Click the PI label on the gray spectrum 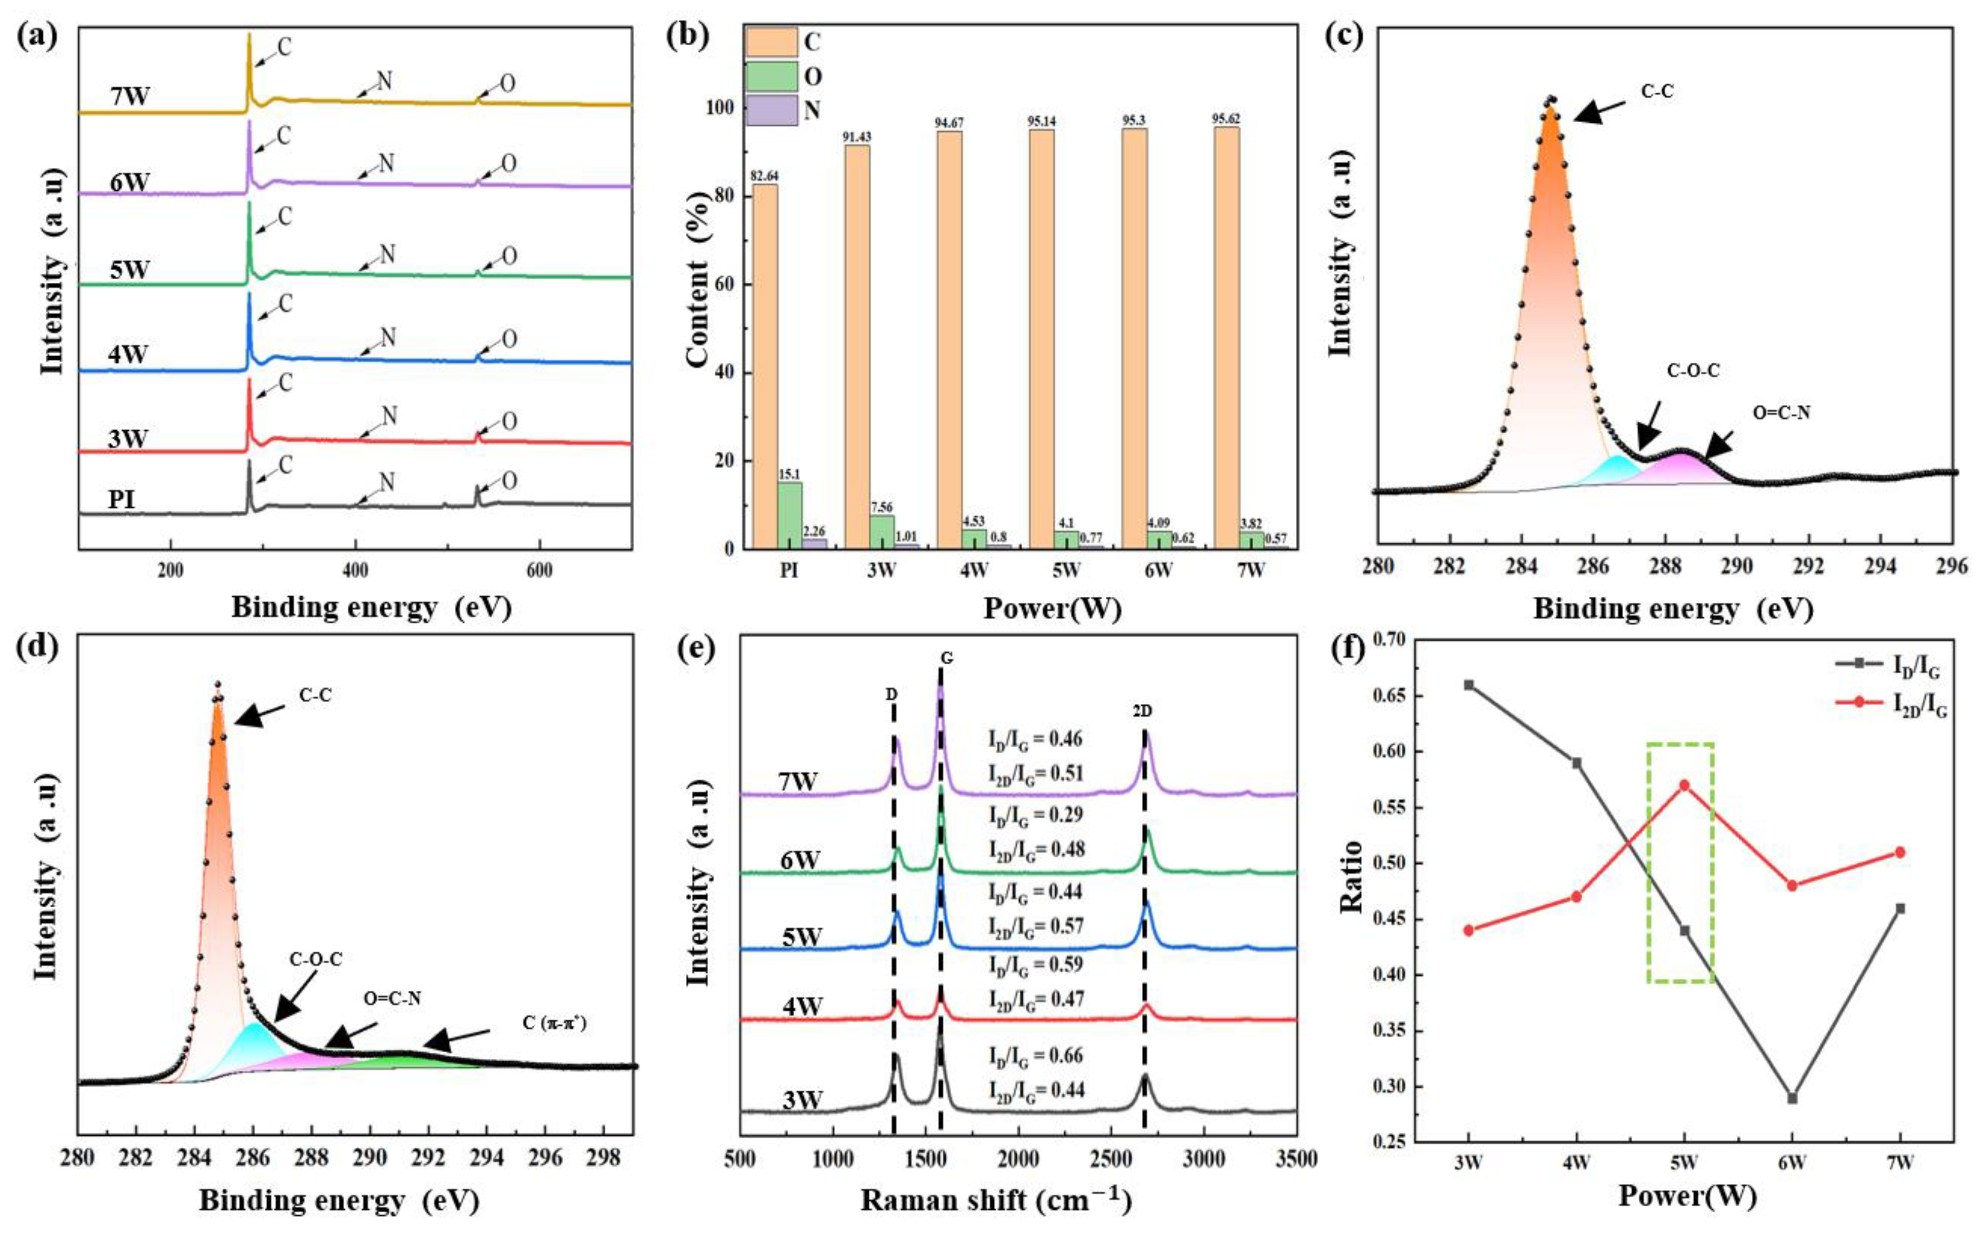click(x=122, y=499)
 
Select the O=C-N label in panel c click(x=1781, y=414)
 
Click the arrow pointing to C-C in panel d click(x=260, y=715)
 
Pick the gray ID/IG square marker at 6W click(x=1792, y=1098)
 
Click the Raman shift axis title click(x=996, y=1201)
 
